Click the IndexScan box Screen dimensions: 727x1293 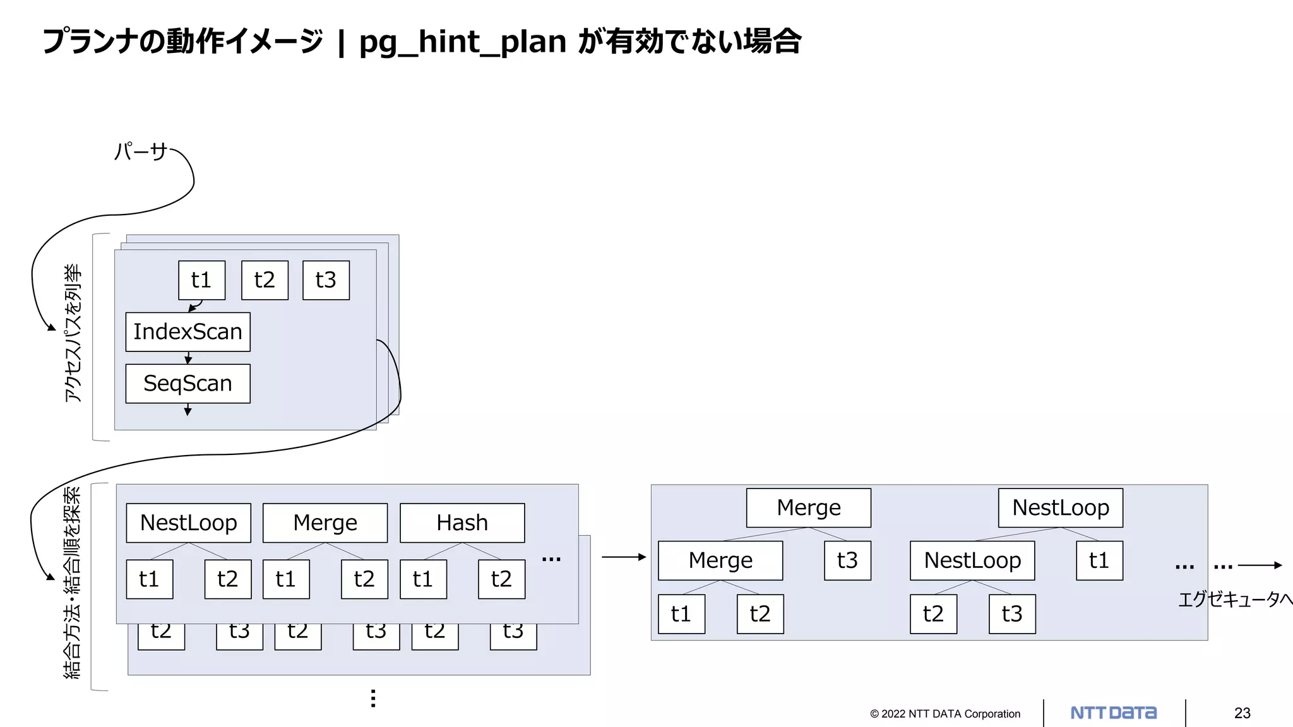tap(188, 332)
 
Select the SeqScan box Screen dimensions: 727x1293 tap(188, 384)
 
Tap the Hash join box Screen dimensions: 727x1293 tap(462, 523)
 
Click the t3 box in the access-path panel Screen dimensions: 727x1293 tap(326, 280)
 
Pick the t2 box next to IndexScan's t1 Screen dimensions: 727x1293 tap(265, 280)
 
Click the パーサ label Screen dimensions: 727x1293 tap(140, 151)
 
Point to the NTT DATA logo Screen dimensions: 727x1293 tap(1113, 713)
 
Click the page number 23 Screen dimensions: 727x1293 tap(1242, 713)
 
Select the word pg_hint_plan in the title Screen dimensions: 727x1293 tap(462, 42)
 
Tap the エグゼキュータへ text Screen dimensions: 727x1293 tap(1234, 599)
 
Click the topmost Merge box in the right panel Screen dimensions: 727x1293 tap(808, 508)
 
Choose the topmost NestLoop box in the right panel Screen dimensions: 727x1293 tap(1060, 508)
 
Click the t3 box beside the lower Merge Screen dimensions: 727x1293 tap(847, 560)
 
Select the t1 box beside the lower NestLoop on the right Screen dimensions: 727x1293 tap(1099, 560)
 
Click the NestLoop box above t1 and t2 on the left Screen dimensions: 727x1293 tap(188, 523)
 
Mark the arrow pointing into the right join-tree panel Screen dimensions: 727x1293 tap(624, 557)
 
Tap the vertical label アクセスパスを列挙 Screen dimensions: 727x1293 tap(73, 333)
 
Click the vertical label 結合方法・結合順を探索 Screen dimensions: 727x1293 tap(73, 582)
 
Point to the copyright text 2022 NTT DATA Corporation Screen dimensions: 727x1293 tap(944, 714)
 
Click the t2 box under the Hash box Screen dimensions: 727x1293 tap(501, 579)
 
